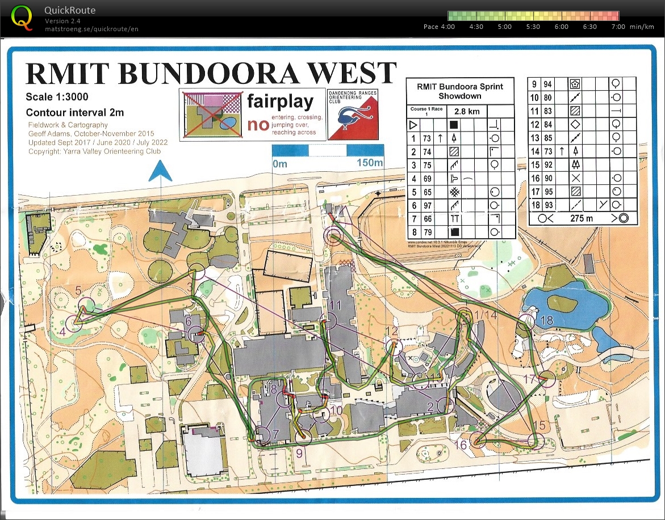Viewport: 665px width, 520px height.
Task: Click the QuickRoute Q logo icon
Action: (22, 16)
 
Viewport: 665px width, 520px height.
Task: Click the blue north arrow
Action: (161, 170)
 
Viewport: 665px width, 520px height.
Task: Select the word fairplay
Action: (280, 102)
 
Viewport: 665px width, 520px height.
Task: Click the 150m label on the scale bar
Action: (369, 163)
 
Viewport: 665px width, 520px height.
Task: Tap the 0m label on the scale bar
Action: (281, 163)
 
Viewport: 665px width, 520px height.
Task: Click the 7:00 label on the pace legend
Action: (618, 27)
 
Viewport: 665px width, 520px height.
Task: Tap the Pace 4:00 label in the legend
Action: (439, 27)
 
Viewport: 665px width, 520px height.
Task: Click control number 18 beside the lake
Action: (547, 320)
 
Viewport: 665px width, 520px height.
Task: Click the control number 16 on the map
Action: (461, 446)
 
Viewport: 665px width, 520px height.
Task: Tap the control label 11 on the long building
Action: (335, 305)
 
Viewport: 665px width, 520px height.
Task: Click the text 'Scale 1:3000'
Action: (57, 96)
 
